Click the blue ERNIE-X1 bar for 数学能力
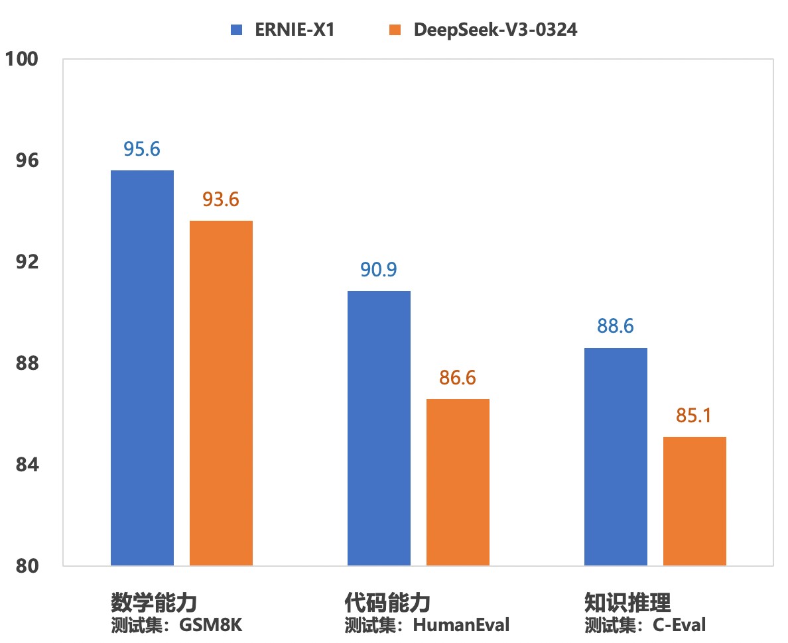pos(142,368)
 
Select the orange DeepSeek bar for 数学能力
pos(221,393)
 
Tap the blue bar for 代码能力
pos(379,428)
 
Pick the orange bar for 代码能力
pos(458,482)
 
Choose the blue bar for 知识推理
pos(616,457)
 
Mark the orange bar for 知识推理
pos(694,501)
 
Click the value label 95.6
pos(142,149)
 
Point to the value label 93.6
pos(221,200)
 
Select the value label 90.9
pos(379,270)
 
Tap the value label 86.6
pos(458,378)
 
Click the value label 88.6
pos(616,327)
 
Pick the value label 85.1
pos(694,416)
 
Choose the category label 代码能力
pos(388,603)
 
